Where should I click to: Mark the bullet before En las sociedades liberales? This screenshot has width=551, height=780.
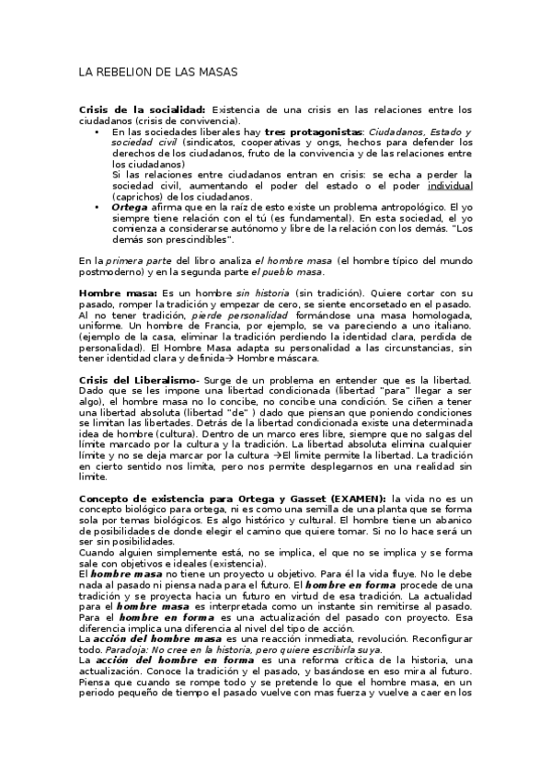pyautogui.click(x=98, y=132)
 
